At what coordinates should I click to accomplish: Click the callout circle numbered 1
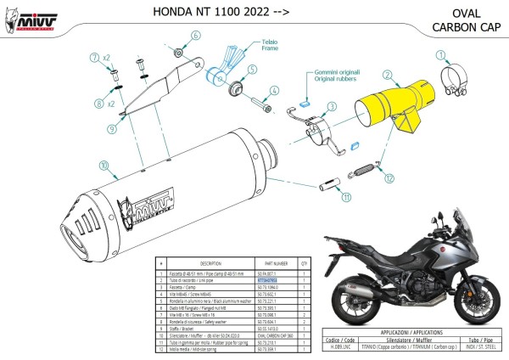(441, 57)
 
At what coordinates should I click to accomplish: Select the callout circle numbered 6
(194, 36)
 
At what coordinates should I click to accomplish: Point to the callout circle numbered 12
(389, 178)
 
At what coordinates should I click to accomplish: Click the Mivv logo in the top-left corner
(24, 15)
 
